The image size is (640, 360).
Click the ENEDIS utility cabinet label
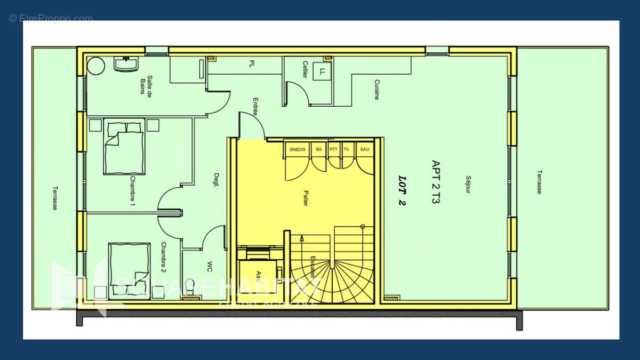click(298, 149)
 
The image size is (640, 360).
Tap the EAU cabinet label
click(365, 149)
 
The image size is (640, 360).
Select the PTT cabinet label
click(333, 149)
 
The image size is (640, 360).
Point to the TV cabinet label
click(347, 149)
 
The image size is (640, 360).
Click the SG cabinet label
click(319, 149)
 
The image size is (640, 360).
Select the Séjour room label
click(468, 184)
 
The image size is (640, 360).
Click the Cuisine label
click(377, 90)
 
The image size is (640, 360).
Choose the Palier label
click(305, 198)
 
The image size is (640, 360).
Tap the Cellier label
click(305, 69)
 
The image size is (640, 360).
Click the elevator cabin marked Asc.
click(258, 275)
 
